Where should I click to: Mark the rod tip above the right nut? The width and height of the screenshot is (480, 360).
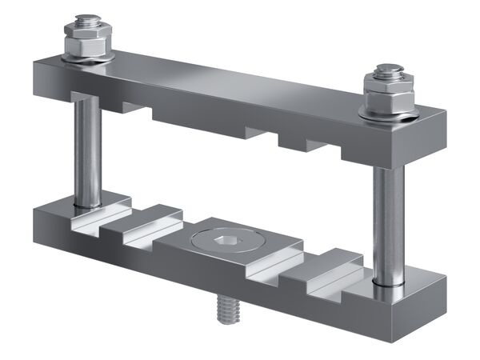387,70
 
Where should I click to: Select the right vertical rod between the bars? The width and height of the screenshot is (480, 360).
388,224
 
